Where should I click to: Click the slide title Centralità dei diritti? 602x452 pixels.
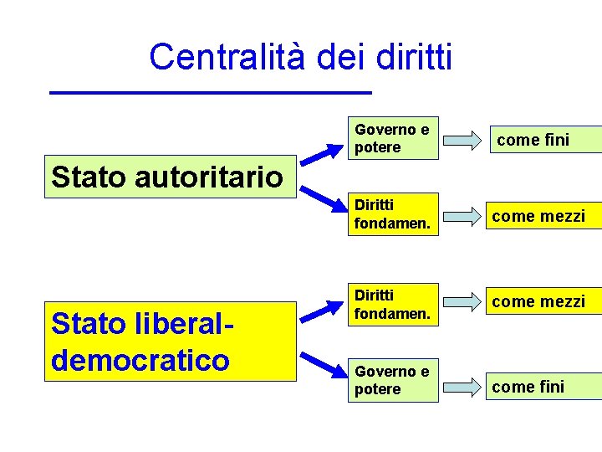coord(301,57)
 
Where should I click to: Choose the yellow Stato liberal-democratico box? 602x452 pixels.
coord(171,342)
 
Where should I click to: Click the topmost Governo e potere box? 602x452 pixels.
coord(394,138)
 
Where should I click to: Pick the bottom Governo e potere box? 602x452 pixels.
coord(394,380)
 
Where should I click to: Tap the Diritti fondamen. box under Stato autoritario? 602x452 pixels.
coord(394,214)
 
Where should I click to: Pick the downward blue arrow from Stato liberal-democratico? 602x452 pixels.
coord(321,362)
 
